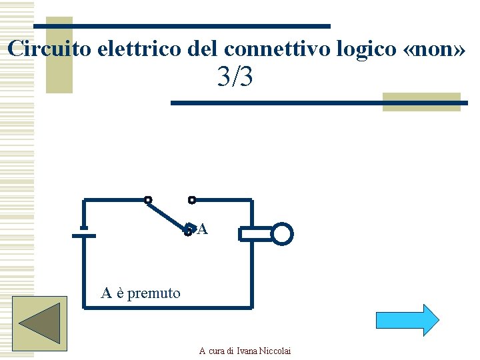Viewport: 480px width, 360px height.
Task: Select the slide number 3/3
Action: coord(235,78)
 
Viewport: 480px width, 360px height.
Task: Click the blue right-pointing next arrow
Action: coord(407,320)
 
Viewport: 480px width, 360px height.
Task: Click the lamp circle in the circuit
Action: coord(282,234)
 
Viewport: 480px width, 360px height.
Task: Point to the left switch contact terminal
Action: coord(148,199)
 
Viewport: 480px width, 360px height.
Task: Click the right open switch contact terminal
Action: coord(192,199)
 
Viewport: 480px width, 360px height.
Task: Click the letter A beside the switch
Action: coord(203,230)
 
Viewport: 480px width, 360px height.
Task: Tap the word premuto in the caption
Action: coord(154,293)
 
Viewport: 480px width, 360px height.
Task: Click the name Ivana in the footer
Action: coord(246,351)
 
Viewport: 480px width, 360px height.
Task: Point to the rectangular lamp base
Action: coord(255,234)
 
